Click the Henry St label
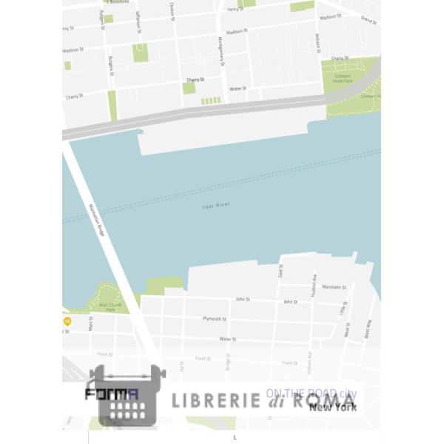point(235,9)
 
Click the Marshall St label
point(334,286)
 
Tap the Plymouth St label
point(215,318)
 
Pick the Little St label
point(343,307)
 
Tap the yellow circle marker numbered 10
point(67,321)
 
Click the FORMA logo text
point(112,395)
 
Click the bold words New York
point(333,407)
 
